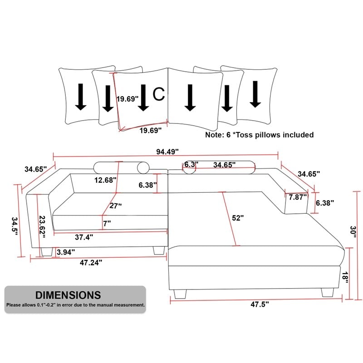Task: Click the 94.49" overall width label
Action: tap(167, 152)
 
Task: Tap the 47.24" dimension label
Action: tap(91, 263)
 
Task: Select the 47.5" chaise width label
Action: tap(260, 304)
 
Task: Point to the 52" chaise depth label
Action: tap(238, 218)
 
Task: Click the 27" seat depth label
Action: tap(116, 206)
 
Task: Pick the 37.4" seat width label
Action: tap(84, 237)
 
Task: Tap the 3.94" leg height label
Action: tap(66, 252)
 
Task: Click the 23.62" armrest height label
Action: tap(42, 227)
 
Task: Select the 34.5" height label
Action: tap(15, 226)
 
